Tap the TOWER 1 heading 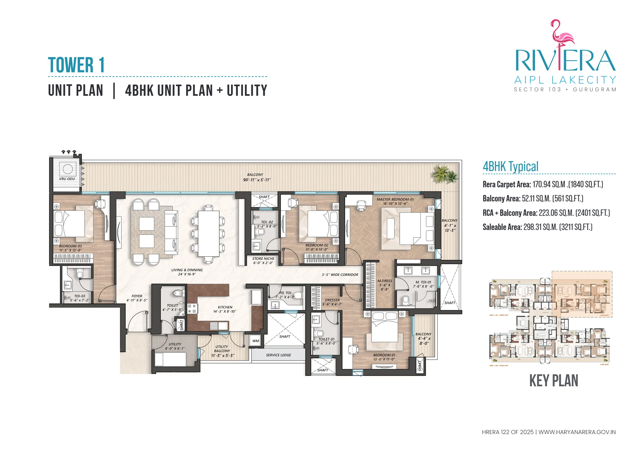[x=76, y=65]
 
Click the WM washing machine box [x=255, y=341]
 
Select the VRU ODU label [x=67, y=179]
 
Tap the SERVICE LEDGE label [x=278, y=355]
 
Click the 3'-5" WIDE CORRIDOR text [x=340, y=275]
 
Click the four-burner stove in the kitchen [x=192, y=308]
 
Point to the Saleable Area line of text [x=537, y=227]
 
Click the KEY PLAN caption [x=553, y=381]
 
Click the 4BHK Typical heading [x=510, y=166]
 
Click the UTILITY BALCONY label [x=222, y=351]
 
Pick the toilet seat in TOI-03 [x=80, y=274]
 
